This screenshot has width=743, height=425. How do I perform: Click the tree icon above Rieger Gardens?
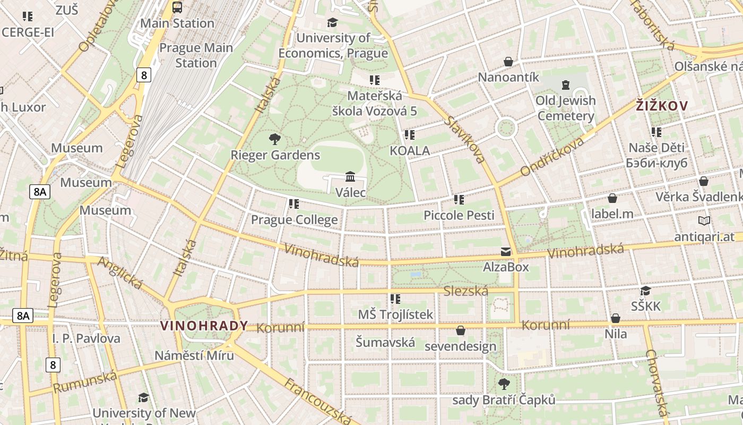[275, 140]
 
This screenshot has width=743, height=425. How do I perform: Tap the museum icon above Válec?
[350, 176]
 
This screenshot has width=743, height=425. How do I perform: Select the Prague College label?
[294, 219]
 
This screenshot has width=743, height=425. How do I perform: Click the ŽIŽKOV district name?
[662, 106]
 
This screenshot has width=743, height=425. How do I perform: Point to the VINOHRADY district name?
[204, 326]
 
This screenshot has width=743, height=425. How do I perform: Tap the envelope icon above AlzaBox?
[506, 252]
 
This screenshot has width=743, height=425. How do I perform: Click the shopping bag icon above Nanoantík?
[508, 62]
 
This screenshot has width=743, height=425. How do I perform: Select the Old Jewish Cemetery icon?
[566, 85]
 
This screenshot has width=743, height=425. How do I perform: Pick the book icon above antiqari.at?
[704, 221]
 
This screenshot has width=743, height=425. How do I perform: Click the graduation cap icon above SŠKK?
[645, 291]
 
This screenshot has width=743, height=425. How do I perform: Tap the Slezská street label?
[465, 291]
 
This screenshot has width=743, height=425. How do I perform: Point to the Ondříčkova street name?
[552, 156]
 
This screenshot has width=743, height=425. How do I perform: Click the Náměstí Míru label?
[194, 355]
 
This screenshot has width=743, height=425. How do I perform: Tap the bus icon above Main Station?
[177, 7]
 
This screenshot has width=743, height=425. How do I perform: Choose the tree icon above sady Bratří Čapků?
[504, 384]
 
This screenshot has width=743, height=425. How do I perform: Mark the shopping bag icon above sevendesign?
[461, 330]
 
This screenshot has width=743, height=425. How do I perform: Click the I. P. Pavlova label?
[87, 338]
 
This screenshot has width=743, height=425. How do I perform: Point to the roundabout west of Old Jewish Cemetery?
[506, 128]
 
